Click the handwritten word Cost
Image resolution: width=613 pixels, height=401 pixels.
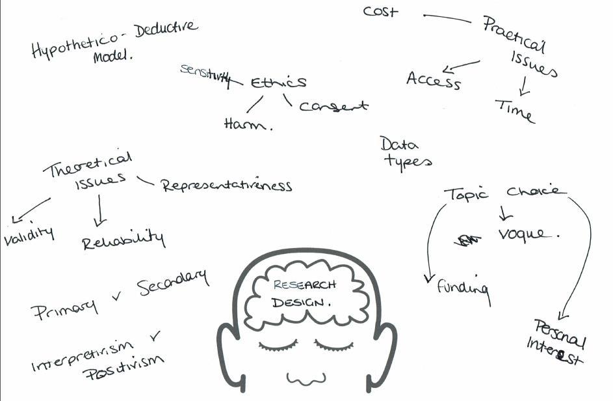(x=380, y=11)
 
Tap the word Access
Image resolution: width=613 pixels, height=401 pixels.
(x=434, y=80)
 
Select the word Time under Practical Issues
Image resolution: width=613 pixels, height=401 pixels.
(x=514, y=110)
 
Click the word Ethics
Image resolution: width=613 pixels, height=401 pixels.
(x=278, y=83)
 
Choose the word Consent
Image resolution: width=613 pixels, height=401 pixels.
(x=333, y=105)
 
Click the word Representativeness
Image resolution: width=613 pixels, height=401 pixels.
(x=227, y=186)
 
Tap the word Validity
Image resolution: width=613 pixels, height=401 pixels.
(x=29, y=236)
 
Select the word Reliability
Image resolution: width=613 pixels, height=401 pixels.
(x=124, y=240)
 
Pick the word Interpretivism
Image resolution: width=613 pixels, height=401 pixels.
(x=82, y=355)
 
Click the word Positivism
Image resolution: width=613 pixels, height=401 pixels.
(x=124, y=370)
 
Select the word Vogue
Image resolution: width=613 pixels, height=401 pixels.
(x=527, y=234)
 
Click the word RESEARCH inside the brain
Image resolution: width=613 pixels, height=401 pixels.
(x=305, y=285)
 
